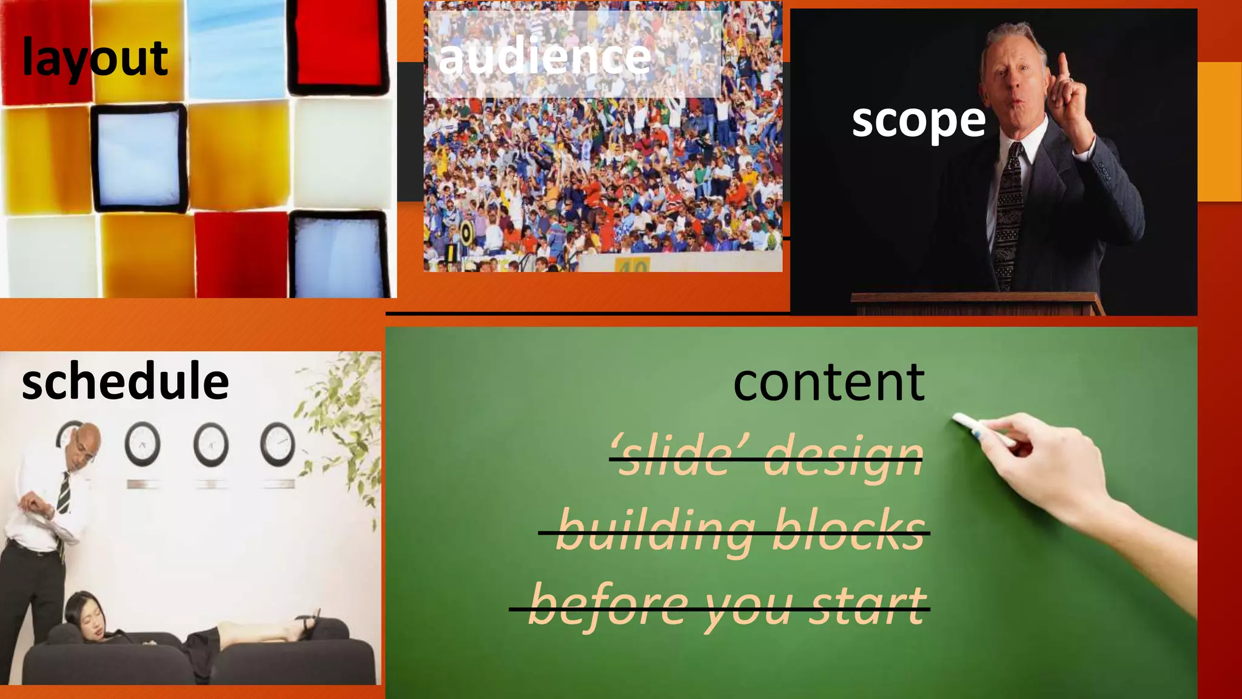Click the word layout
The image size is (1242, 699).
click(95, 58)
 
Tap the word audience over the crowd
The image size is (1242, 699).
click(544, 57)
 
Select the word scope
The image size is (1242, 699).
click(918, 120)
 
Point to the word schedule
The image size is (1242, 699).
click(125, 381)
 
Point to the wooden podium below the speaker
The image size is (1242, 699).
click(976, 303)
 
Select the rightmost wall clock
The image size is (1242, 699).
click(277, 444)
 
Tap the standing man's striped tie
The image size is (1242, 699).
click(64, 491)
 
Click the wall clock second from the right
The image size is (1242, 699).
click(210, 444)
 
